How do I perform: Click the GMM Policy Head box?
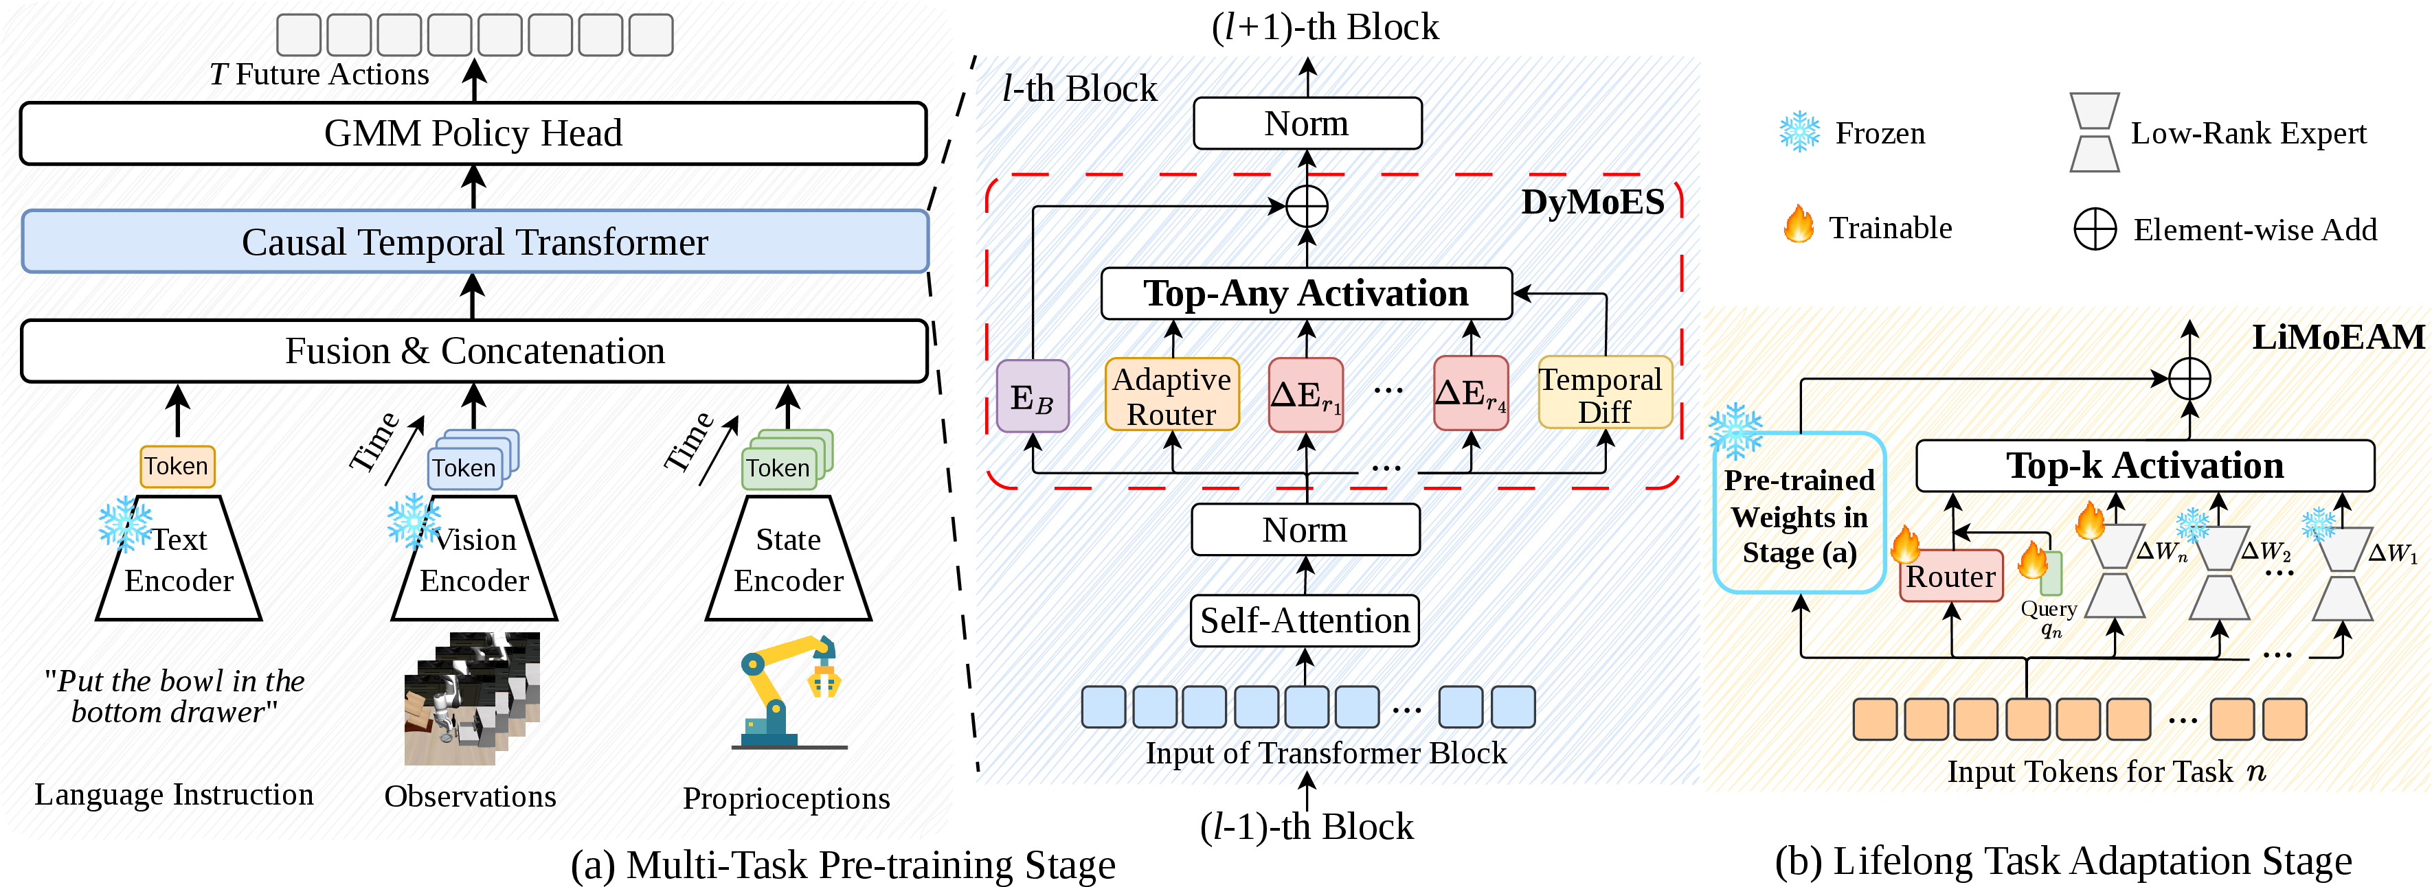473,133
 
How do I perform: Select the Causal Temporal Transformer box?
475,242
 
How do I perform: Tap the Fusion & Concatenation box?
475,351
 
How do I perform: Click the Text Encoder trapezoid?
179,557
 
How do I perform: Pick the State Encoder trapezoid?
788,557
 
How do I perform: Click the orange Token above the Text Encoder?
177,466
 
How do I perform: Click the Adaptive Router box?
1171,395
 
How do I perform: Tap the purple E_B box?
1033,396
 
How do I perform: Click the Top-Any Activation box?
1307,293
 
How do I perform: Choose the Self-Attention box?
1305,621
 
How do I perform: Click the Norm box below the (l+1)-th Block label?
1307,124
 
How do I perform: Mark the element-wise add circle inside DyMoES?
1307,206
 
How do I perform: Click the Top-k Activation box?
2145,466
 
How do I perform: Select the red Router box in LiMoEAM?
1950,575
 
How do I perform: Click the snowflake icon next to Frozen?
1799,132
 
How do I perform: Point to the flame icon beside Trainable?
1799,224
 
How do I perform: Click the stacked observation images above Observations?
472,698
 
